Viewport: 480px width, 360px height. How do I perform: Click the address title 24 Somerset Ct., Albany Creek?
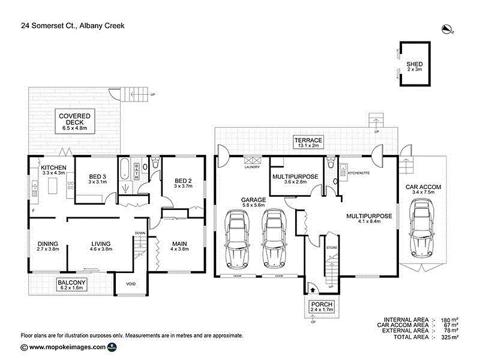pos(69,26)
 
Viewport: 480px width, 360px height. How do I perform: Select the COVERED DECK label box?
pos(75,121)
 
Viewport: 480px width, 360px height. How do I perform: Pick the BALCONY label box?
pos(73,285)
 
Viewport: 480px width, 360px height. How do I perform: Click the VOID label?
pos(131,284)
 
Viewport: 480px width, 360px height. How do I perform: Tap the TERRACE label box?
pos(308,142)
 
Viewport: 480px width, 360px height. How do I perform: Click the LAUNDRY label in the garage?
pos(251,167)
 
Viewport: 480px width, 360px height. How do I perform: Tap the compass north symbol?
pos(446,28)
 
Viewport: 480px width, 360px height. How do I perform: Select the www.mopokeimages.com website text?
pos(67,347)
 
